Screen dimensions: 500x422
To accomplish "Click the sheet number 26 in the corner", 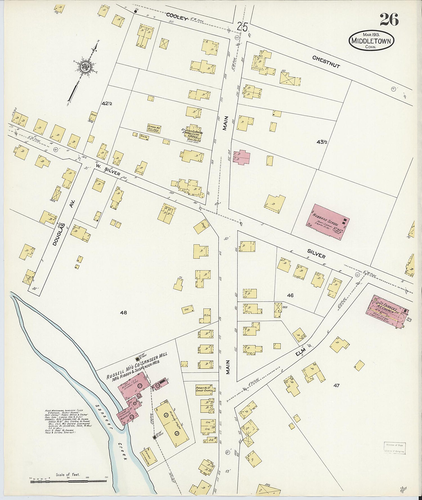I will tap(389, 19).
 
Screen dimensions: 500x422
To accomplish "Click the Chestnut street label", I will tap(326, 62).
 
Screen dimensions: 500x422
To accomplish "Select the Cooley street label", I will tap(176, 17).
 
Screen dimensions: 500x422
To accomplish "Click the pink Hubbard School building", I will tap(327, 222).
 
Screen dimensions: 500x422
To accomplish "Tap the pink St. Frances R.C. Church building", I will tap(388, 312).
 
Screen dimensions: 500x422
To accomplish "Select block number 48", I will tap(124, 313).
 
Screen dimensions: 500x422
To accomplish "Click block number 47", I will tap(336, 385).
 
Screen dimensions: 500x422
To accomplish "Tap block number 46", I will tap(290, 295).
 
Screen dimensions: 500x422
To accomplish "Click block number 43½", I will tap(322, 142).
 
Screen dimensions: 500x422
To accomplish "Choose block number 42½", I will tap(107, 104).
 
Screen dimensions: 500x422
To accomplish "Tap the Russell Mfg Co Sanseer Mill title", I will tap(137, 366).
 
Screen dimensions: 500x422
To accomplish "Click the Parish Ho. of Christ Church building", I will tap(204, 390).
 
